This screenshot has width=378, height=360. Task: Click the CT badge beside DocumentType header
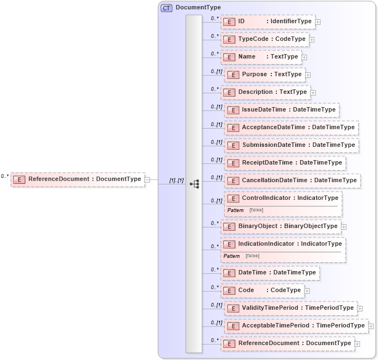(x=166, y=8)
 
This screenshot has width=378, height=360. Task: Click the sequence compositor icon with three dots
(x=194, y=184)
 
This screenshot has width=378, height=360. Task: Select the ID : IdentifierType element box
(x=267, y=22)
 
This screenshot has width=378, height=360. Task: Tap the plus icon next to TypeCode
(x=312, y=40)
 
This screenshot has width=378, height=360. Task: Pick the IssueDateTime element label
(x=264, y=110)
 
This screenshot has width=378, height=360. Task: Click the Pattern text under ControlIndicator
(x=235, y=210)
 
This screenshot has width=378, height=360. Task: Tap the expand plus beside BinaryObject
(x=344, y=226)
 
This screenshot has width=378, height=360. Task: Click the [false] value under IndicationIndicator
(x=252, y=256)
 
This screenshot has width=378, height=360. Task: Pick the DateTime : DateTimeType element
(x=270, y=273)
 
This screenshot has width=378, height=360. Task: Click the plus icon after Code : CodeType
(x=307, y=291)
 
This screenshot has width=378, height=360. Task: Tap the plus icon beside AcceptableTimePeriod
(x=371, y=326)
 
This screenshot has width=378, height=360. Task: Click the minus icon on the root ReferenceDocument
(x=148, y=179)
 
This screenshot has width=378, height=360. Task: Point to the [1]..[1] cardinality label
(x=176, y=181)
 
